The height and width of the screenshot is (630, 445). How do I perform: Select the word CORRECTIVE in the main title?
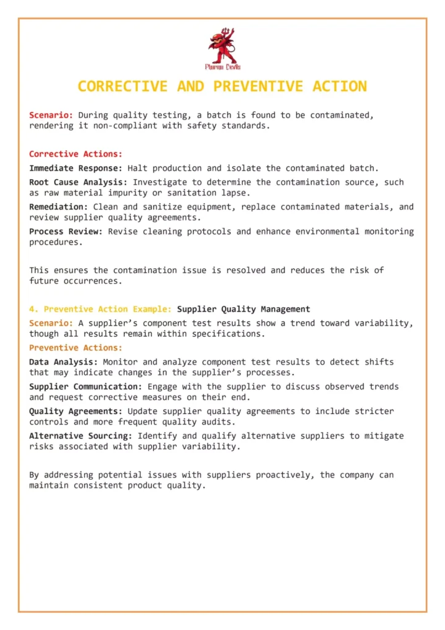click(x=122, y=86)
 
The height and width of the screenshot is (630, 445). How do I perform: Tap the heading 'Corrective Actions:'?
click(x=76, y=154)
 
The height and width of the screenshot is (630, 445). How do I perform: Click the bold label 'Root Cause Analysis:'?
click(x=79, y=182)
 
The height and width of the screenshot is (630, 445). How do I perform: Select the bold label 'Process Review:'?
click(x=66, y=231)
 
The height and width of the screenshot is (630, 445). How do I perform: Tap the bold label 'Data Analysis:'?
click(x=63, y=362)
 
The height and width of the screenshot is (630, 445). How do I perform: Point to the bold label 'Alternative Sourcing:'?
click(x=81, y=436)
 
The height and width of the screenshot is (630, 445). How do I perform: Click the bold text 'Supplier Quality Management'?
click(x=243, y=309)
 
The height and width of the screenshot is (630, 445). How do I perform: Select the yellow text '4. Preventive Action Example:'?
click(x=100, y=309)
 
